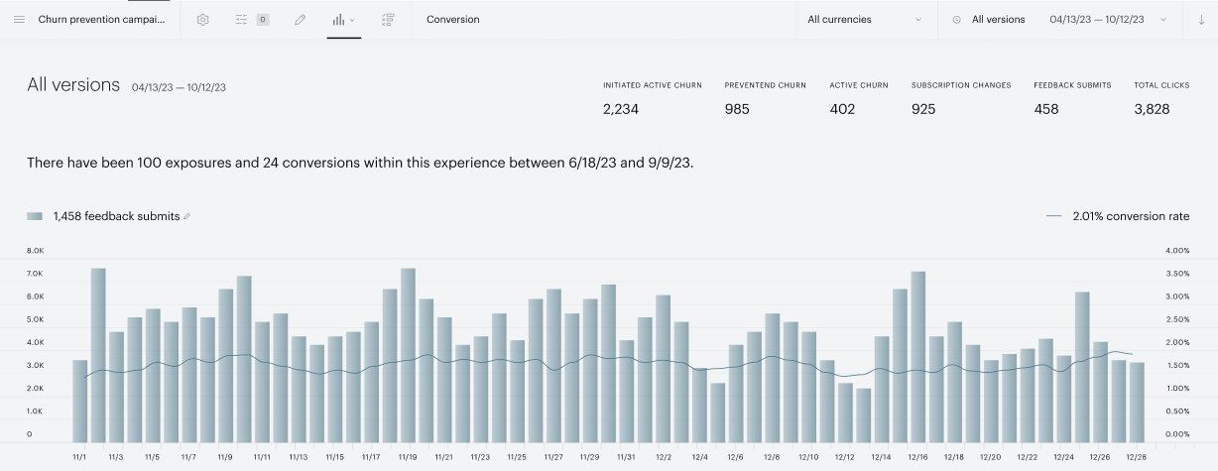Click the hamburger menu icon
(x=19, y=20)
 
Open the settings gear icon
(x=202, y=20)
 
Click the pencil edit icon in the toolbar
(x=300, y=20)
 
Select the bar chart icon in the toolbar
(x=339, y=20)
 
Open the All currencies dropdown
(x=864, y=20)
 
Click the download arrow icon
(x=1201, y=20)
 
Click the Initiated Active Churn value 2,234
(x=621, y=109)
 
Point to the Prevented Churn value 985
(x=737, y=109)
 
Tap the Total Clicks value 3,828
(x=1152, y=109)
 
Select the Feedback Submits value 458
(x=1046, y=109)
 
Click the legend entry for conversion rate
(x=1118, y=216)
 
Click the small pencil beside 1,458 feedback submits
(x=186, y=216)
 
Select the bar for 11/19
(x=408, y=355)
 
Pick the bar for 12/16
(x=917, y=357)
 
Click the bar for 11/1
(x=80, y=402)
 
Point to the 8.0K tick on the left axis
(x=36, y=251)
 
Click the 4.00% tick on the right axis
(x=1177, y=251)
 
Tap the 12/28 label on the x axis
(x=1137, y=457)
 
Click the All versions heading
(x=73, y=85)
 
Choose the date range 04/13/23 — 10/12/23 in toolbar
(x=1097, y=20)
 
